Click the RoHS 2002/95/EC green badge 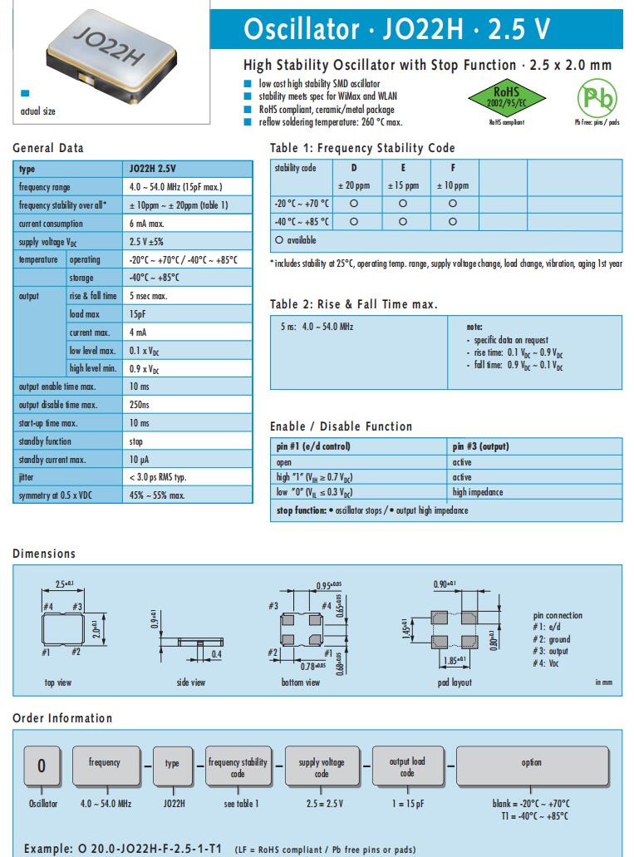coord(506,96)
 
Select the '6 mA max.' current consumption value coord(150,224)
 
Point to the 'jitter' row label coord(26,478)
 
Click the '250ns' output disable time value coord(140,405)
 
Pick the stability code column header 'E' coord(403,168)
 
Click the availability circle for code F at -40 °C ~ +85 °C coord(452,222)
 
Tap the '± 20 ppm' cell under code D coord(353,185)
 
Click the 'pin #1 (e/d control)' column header coord(313,446)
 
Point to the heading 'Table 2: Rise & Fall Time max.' coord(354,304)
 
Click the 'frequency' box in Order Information coord(104,763)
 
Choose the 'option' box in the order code coord(531,763)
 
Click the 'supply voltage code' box coord(321,767)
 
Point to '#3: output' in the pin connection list coord(552,652)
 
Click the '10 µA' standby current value coord(140,460)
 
